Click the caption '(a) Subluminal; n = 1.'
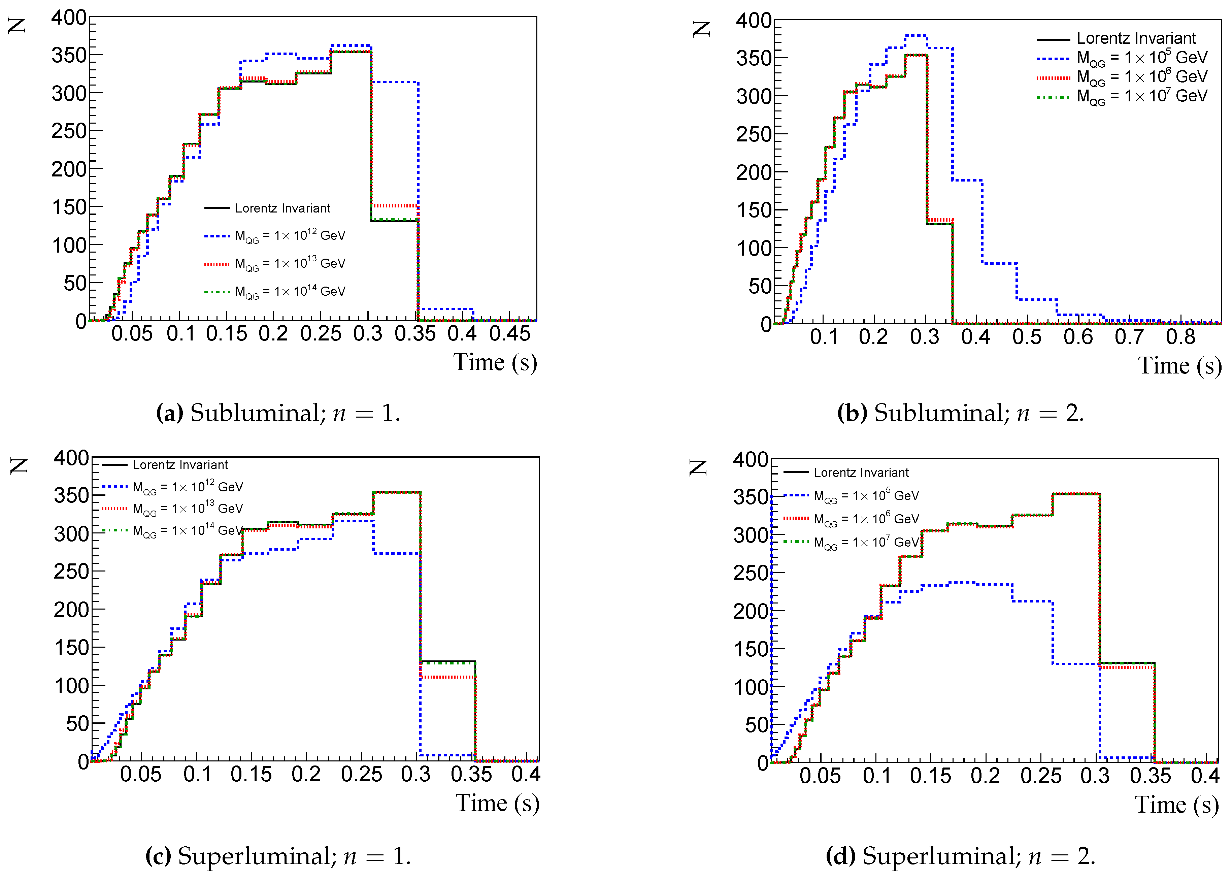[278, 413]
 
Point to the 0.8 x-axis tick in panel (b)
[1180, 337]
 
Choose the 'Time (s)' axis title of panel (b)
[1179, 365]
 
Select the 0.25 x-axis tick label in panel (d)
[1040, 775]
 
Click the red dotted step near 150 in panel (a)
[394, 206]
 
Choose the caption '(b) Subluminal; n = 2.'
[960, 413]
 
